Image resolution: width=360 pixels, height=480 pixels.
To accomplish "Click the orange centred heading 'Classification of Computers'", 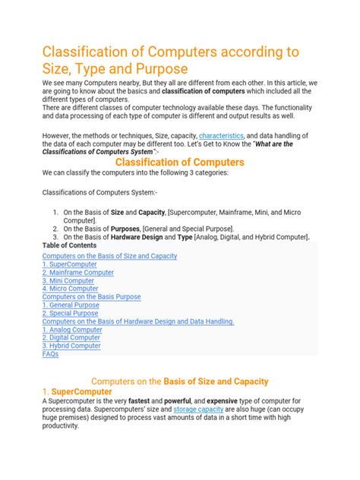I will [x=179, y=162].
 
